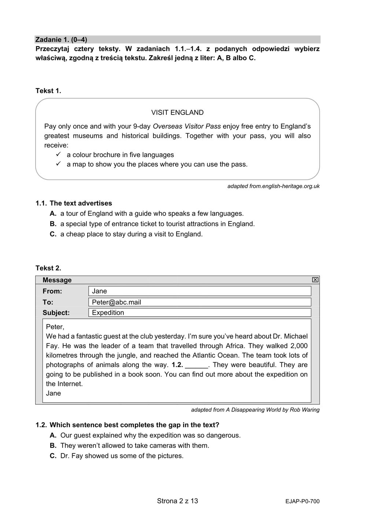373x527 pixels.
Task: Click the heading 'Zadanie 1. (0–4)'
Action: pos(61,40)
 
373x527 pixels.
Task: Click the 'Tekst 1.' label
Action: pos(48,91)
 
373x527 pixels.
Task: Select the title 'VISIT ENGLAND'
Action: pos(177,112)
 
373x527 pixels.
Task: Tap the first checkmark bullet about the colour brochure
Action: pos(58,155)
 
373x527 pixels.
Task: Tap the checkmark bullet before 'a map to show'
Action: pos(58,164)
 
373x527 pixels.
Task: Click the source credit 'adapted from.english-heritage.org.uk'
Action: pos(273,186)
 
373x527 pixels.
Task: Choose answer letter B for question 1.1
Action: pos(53,224)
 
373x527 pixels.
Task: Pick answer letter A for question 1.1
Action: pos(53,214)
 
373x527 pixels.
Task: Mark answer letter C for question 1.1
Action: pos(53,234)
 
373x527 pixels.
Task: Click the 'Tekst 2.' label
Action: pos(48,268)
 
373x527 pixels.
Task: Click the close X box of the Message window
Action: pos(315,280)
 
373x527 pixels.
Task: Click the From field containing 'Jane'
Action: pos(200,291)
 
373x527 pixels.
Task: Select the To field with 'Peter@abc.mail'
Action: pos(200,302)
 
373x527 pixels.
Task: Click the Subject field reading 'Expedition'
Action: pos(200,313)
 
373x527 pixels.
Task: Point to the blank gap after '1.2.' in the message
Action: pos(197,365)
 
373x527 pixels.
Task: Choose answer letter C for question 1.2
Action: pos(53,456)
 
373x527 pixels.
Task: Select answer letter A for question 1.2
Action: pos(53,436)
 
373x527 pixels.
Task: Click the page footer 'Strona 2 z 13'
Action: pos(177,501)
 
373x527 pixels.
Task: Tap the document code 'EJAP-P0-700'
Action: pos(302,502)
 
